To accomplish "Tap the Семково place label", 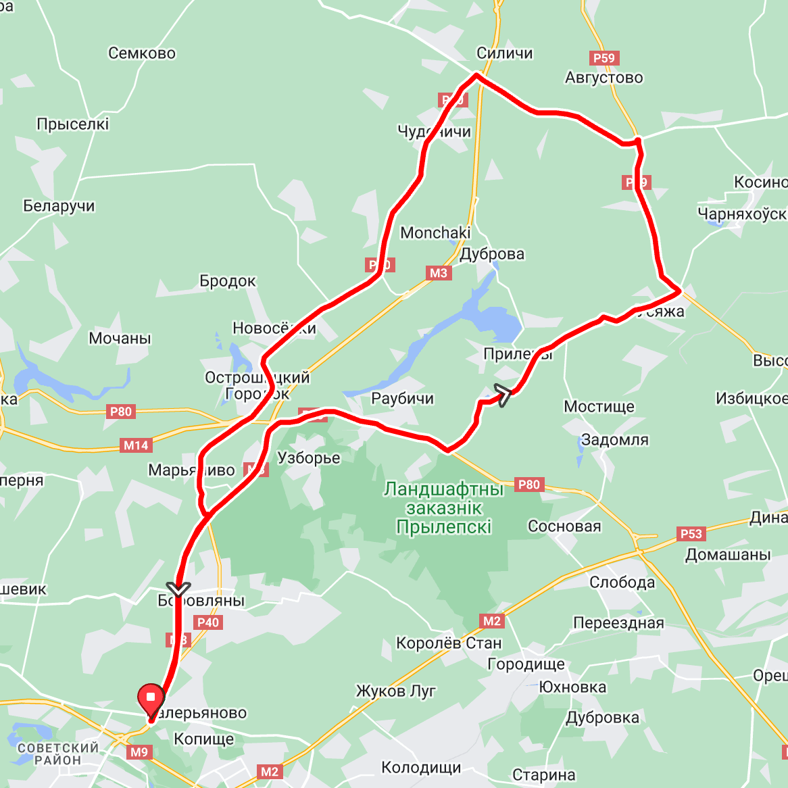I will tap(142, 53).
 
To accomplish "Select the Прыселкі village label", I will tap(73, 124).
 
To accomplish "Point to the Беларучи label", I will tap(59, 206).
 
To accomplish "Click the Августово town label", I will tap(604, 78).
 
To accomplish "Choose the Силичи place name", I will tap(505, 53).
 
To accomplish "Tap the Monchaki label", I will tap(435, 233).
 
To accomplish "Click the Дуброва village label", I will tap(492, 254).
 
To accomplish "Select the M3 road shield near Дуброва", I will tap(438, 273).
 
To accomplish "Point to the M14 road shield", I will tap(136, 445).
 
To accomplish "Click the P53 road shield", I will tap(691, 534).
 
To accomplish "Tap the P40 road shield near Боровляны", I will tap(208, 622).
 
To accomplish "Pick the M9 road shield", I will tap(139, 752).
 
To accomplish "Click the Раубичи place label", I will tap(403, 399).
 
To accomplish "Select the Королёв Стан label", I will tap(449, 643).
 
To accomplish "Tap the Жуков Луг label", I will tap(396, 691).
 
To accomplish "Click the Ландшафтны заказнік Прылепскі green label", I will tap(444, 508).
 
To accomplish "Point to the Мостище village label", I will tap(599, 407).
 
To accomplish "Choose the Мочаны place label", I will tap(120, 339).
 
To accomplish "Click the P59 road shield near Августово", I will tap(604, 58).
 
